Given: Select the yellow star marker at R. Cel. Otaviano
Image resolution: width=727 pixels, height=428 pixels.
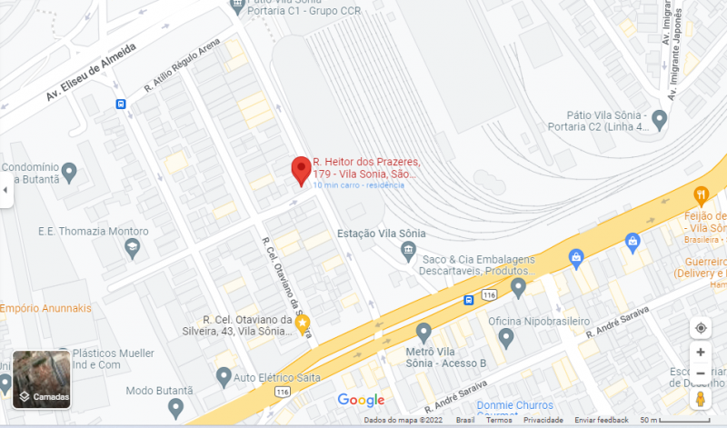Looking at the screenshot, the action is click(x=304, y=323).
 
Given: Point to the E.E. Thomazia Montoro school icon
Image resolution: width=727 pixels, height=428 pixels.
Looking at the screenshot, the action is click(x=134, y=248).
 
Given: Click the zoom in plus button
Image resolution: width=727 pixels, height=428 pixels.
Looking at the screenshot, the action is click(x=701, y=352).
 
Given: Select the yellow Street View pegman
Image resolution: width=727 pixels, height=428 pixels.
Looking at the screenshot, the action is click(x=701, y=399).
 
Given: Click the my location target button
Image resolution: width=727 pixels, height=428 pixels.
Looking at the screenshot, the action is click(x=701, y=328).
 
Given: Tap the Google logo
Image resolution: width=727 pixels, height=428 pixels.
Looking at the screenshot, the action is click(x=361, y=400).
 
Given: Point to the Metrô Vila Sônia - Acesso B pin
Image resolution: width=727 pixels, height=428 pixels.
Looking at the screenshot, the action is click(x=423, y=333).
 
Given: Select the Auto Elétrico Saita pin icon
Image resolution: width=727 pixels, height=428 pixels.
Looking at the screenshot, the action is click(x=224, y=375).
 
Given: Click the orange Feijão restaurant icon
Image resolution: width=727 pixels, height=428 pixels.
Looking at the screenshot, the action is click(x=701, y=195).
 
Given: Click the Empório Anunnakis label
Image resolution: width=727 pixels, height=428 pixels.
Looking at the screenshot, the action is click(x=45, y=308).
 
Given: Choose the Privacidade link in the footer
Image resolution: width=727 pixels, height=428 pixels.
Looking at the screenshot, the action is click(x=543, y=421).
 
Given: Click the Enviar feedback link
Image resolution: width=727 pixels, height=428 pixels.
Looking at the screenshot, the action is click(x=602, y=421).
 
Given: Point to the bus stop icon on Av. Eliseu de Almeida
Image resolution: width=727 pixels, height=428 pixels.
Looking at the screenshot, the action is click(x=121, y=104).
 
